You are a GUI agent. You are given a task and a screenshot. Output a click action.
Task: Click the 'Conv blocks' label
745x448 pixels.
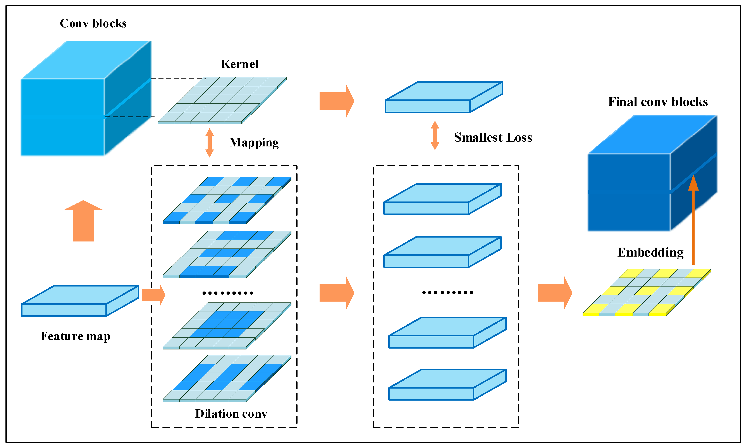click(x=93, y=23)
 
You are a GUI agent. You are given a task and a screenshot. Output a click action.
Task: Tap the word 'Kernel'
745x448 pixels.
click(x=240, y=64)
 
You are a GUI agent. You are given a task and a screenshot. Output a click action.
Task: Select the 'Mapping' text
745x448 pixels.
click(x=254, y=143)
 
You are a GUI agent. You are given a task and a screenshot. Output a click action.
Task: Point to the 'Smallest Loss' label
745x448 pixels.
click(x=493, y=137)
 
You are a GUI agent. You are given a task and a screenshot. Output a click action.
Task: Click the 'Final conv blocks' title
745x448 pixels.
click(x=658, y=102)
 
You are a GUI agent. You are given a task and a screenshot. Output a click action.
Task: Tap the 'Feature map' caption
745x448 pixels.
click(x=75, y=336)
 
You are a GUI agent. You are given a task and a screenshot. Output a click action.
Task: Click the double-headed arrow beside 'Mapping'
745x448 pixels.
click(x=210, y=143)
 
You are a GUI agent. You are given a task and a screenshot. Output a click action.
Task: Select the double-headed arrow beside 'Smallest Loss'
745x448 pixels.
click(x=435, y=135)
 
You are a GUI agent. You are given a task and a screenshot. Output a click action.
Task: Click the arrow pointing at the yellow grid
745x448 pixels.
click(x=555, y=293)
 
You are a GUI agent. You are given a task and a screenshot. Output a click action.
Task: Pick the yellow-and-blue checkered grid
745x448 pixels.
click(x=647, y=292)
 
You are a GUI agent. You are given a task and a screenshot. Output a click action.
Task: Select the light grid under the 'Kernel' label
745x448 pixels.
click(x=222, y=101)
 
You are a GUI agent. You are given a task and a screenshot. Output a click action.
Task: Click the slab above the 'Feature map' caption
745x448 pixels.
click(x=80, y=301)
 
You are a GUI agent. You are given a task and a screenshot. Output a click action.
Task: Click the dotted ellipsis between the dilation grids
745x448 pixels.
click(x=228, y=293)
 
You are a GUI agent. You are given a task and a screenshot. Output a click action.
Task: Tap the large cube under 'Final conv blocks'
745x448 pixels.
click(x=652, y=173)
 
